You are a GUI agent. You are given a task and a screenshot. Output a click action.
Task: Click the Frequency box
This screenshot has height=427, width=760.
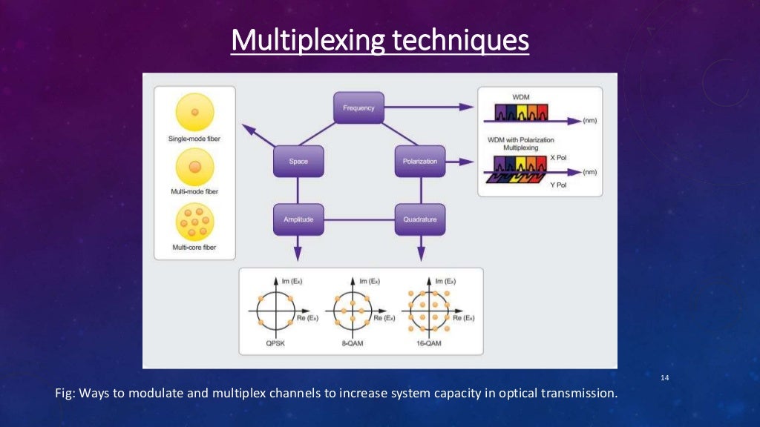tap(359, 107)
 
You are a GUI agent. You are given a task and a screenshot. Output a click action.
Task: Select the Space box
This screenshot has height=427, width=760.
tap(298, 161)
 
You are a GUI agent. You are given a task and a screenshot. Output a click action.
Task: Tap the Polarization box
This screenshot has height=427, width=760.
tap(419, 161)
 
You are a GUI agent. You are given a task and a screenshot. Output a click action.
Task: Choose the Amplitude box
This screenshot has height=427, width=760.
tap(298, 219)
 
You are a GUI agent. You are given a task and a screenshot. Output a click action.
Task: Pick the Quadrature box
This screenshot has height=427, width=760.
tap(419, 219)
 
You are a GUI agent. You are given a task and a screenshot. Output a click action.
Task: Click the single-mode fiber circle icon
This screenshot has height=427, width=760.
tap(194, 113)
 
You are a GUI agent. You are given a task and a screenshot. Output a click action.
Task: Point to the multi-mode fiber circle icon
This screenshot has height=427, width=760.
tap(194, 167)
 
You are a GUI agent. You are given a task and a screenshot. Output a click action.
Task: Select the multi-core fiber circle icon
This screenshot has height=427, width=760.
tap(194, 220)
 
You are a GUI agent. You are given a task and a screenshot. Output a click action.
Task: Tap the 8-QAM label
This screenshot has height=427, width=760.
tap(350, 342)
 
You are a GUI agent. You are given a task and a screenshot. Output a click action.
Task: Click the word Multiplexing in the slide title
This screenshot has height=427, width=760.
tap(307, 40)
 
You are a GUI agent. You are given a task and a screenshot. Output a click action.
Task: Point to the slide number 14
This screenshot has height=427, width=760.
tap(664, 379)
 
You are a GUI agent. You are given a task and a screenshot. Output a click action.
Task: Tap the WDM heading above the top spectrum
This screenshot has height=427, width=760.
tap(521, 97)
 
